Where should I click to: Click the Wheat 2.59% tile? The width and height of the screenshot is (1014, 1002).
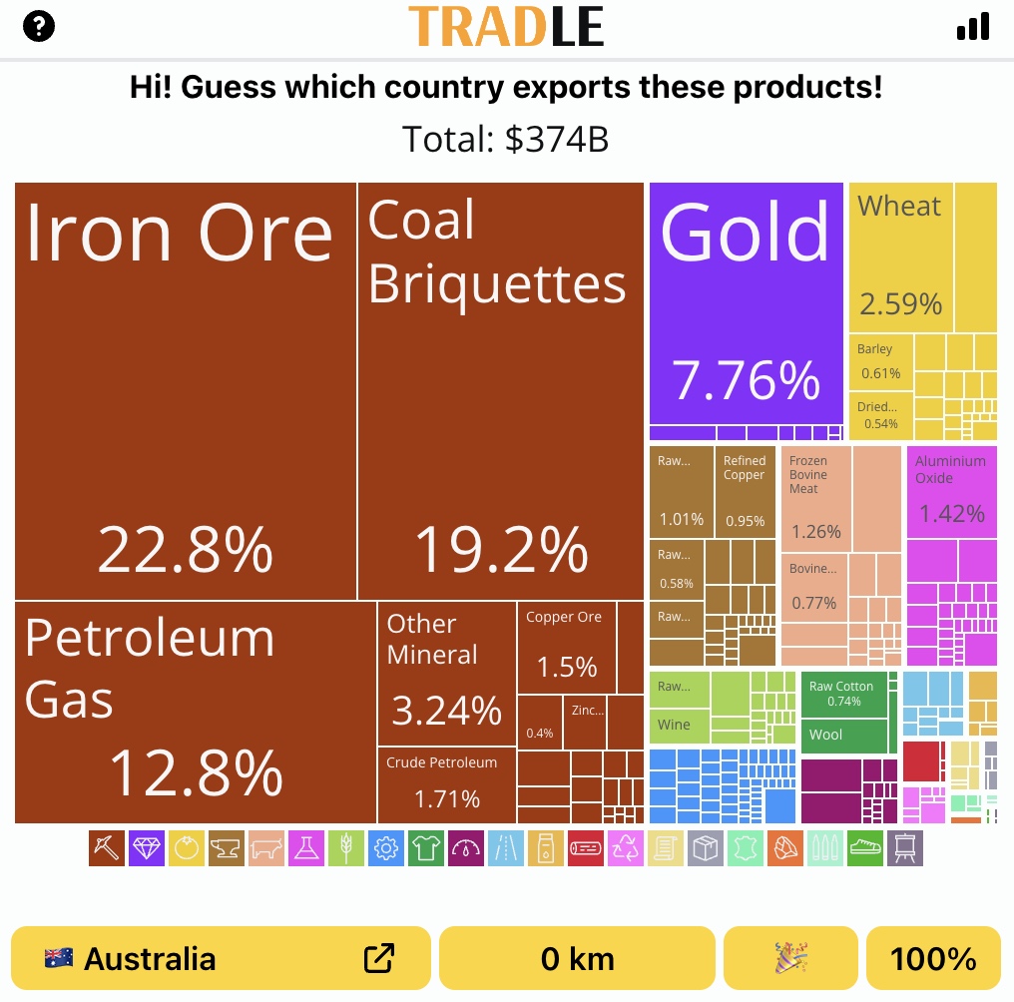click(900, 257)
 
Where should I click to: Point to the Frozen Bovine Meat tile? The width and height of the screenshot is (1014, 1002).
click(815, 496)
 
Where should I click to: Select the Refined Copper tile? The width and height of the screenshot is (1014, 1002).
click(745, 491)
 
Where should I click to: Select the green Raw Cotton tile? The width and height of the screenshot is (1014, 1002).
click(842, 694)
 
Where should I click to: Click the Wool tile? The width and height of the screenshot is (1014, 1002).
click(842, 736)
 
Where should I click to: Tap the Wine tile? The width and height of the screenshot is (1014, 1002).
click(679, 726)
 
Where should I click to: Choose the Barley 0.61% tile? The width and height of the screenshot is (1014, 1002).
click(881, 361)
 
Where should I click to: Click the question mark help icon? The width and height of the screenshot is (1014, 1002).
click(39, 27)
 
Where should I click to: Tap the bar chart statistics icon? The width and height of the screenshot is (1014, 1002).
click(973, 27)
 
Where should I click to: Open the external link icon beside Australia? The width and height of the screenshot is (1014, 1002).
click(379, 959)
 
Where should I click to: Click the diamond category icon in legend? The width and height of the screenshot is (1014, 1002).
click(147, 848)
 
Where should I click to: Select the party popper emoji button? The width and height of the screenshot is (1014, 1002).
click(790, 959)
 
